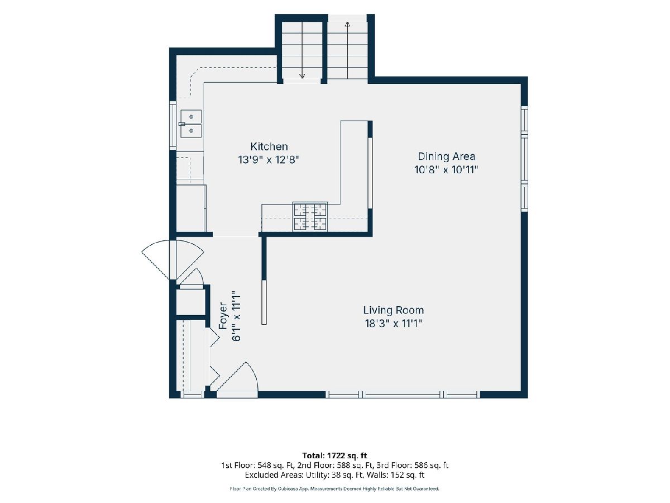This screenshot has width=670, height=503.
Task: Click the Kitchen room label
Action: click(x=269, y=146)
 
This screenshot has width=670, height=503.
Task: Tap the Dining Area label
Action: click(x=446, y=156)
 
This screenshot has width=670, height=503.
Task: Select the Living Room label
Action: click(x=394, y=310)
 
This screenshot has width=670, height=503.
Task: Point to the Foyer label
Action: click(x=223, y=316)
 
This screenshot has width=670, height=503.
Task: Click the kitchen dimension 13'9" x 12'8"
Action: click(x=269, y=160)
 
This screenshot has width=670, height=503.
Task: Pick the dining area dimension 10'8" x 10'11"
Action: click(x=446, y=169)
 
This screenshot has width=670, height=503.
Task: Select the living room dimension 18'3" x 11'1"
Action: click(x=394, y=323)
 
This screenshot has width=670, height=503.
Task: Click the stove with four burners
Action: click(x=310, y=216)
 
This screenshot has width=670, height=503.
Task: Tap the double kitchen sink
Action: click(x=191, y=124)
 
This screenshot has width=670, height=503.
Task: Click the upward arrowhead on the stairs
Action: click(x=347, y=25)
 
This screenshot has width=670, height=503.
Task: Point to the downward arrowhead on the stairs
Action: click(x=302, y=75)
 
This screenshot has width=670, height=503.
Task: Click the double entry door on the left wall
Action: click(x=173, y=259)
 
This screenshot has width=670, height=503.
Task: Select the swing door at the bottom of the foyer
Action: click(x=237, y=380)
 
